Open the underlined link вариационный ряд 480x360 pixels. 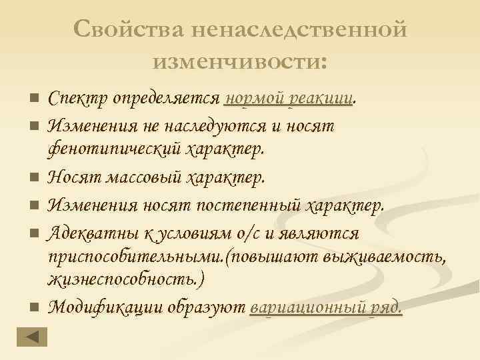pos(325,307)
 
